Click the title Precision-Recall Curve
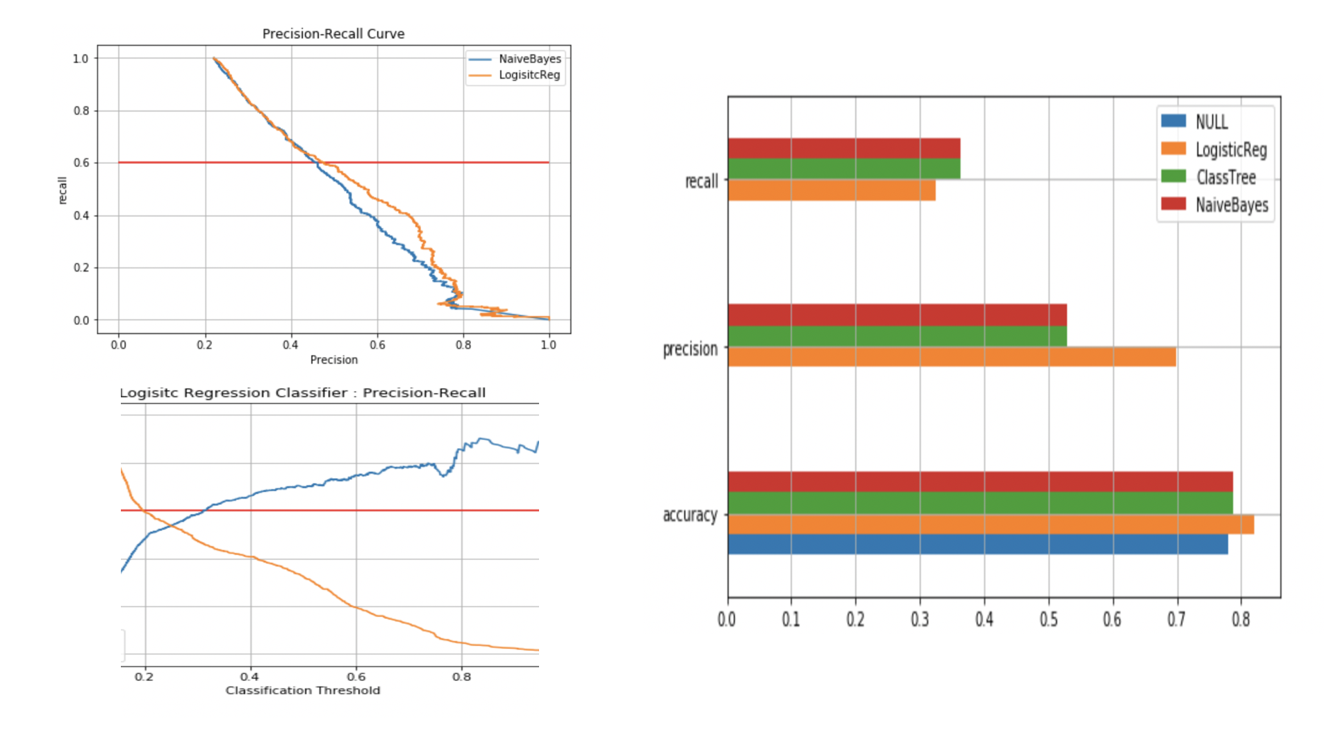[333, 33]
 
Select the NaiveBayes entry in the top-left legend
[529, 59]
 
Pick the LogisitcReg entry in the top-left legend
[529, 75]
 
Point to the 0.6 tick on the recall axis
[81, 163]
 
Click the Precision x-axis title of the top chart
[333, 360]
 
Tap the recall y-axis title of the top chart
[62, 190]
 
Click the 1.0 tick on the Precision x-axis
[548, 345]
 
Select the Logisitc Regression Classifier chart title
[302, 393]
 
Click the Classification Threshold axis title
[302, 691]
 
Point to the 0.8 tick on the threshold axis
[461, 677]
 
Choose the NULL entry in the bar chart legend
[1211, 122]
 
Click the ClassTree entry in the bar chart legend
[1225, 178]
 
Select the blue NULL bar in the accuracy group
[977, 544]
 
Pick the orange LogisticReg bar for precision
[952, 357]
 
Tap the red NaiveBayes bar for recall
[843, 148]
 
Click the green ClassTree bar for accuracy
[979, 502]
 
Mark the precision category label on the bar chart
[690, 349]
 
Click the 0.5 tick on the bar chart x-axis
[1048, 619]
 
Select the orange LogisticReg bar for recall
[831, 190]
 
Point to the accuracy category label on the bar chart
[690, 515]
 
